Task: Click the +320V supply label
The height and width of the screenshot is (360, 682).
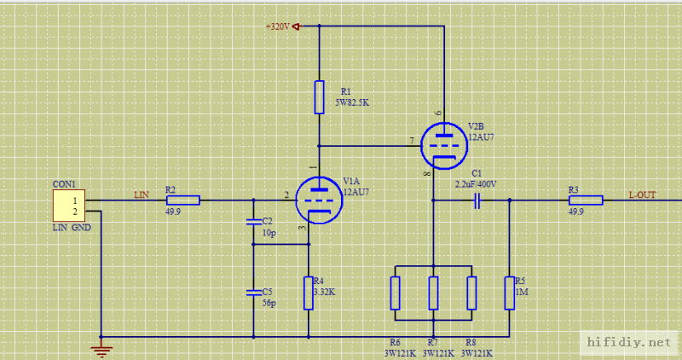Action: pos(278,26)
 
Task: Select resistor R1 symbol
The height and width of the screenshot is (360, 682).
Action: pos(319,97)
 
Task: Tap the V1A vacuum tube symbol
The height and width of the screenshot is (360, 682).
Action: pos(318,200)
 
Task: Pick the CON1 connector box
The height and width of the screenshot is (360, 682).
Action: pos(69,206)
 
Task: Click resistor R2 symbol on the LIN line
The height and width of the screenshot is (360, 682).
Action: pos(182,200)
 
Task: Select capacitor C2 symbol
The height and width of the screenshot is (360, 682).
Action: pos(253,222)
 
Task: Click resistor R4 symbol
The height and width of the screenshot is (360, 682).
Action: pos(308,293)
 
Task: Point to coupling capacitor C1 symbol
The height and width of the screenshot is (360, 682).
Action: pos(477,200)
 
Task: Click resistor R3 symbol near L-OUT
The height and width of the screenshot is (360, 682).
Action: pos(586,200)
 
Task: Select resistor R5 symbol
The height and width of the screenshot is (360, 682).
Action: pos(509,293)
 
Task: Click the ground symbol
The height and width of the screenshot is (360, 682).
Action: pos(101,347)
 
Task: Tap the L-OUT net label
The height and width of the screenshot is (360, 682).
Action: pos(642,195)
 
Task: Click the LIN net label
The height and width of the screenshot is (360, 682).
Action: pos(142,195)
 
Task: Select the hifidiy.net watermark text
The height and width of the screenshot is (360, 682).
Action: pos(630,342)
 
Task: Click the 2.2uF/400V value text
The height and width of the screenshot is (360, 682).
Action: pos(476,183)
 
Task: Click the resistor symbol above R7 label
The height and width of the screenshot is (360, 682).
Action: pos(433,293)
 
